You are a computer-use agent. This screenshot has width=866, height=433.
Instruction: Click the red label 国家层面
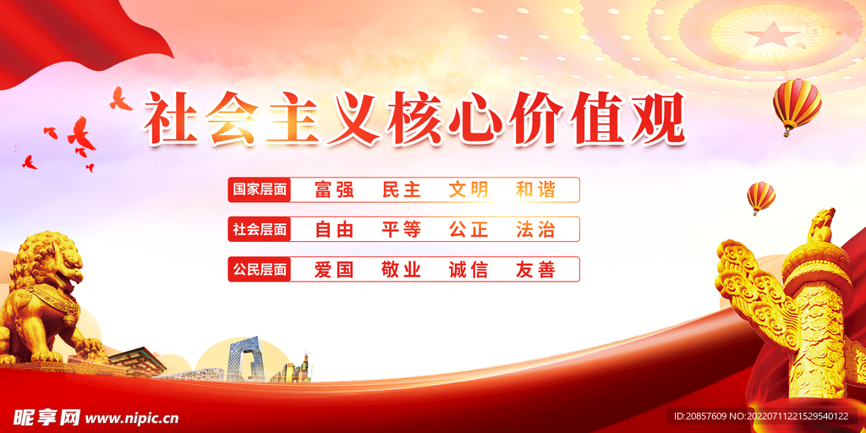coord(260,190)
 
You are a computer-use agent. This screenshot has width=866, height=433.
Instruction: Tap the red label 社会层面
coord(260,229)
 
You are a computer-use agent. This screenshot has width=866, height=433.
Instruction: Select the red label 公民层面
coord(260,270)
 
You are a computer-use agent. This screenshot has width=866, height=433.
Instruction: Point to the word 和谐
coord(535,190)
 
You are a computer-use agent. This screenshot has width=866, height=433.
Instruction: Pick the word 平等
coord(401,229)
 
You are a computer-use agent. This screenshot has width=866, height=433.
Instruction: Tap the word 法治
coord(535,229)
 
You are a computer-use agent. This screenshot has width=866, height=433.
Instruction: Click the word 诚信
coord(469,270)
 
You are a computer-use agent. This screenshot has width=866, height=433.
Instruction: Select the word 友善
coord(535,270)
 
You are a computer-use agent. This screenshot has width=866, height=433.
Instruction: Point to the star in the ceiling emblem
coord(770,34)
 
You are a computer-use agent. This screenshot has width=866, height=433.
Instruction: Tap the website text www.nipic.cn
coord(132,416)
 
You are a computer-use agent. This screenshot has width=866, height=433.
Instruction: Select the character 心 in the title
coord(475,118)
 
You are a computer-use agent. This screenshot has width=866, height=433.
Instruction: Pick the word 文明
coord(469,190)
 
